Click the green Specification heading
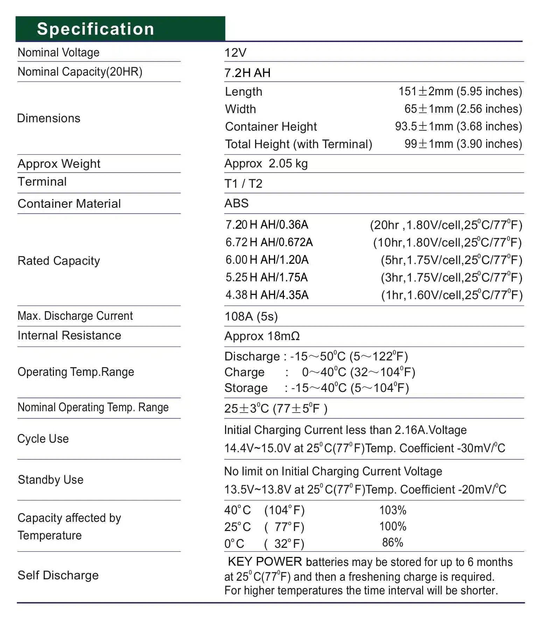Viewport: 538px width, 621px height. click(95, 29)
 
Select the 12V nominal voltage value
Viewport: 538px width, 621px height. click(235, 53)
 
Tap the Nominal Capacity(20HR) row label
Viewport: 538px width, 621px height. click(80, 72)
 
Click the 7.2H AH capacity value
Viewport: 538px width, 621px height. click(247, 73)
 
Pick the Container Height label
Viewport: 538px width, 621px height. click(271, 126)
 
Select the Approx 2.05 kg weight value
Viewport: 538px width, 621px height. click(266, 164)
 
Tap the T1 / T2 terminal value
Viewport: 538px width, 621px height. click(243, 184)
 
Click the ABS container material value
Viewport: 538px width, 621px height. click(236, 203)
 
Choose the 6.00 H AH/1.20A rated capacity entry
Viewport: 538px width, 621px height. click(267, 260)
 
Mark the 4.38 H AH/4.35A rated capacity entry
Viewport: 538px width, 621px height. click(267, 295)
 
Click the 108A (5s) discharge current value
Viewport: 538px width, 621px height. click(251, 316)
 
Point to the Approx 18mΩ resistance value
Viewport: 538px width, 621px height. click(262, 336)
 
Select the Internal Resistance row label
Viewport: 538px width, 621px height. click(69, 336)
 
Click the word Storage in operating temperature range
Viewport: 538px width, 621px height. click(246, 388)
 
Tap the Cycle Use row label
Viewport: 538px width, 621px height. click(43, 439)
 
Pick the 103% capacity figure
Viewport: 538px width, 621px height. click(393, 510)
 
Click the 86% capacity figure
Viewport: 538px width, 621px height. click(392, 543)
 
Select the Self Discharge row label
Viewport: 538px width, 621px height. click(58, 575)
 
